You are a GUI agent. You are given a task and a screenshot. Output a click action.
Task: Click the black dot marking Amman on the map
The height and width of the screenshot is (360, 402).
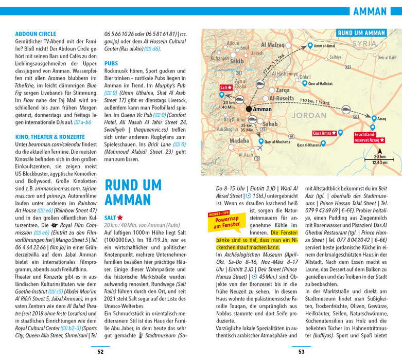coord(249,110)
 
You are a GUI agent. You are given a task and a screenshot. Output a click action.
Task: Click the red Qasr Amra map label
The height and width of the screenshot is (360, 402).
coord(324,133)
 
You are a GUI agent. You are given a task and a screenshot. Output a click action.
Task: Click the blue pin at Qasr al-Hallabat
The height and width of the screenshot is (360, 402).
coord(304,83)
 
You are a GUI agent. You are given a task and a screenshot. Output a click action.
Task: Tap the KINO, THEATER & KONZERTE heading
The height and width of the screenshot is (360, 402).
coord(50,137)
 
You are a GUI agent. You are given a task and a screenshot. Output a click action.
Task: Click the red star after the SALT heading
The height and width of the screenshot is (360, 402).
coord(120,218)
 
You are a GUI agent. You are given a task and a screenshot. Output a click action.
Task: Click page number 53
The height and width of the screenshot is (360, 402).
coord(301,352)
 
